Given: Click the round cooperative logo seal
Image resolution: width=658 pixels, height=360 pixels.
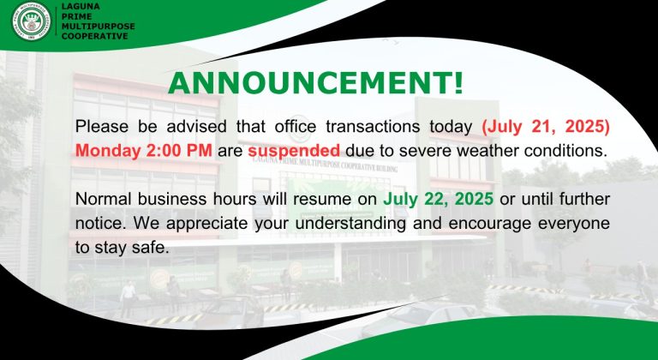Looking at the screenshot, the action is (32, 21).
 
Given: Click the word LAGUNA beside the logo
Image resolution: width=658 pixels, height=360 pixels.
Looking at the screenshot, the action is (81, 7).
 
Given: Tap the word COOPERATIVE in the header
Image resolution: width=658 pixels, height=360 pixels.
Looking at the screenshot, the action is (94, 36).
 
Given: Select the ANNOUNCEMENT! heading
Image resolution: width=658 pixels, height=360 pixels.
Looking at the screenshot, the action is (316, 83).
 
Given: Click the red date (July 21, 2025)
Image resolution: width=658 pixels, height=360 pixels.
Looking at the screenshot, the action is (546, 127).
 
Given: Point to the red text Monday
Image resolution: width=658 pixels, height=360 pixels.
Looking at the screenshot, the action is (107, 151).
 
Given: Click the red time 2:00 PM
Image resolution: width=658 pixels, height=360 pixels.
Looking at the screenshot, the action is (179, 150).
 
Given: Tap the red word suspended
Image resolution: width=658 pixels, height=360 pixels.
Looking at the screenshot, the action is (294, 151).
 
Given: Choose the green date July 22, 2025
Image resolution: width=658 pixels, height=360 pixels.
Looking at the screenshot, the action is (438, 200).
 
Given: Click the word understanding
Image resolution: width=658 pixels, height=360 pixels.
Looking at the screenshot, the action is (350, 224).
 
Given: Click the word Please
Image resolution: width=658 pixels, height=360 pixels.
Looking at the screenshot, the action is (102, 127).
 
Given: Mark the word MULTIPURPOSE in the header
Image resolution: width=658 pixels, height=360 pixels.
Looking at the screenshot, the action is (99, 26).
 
